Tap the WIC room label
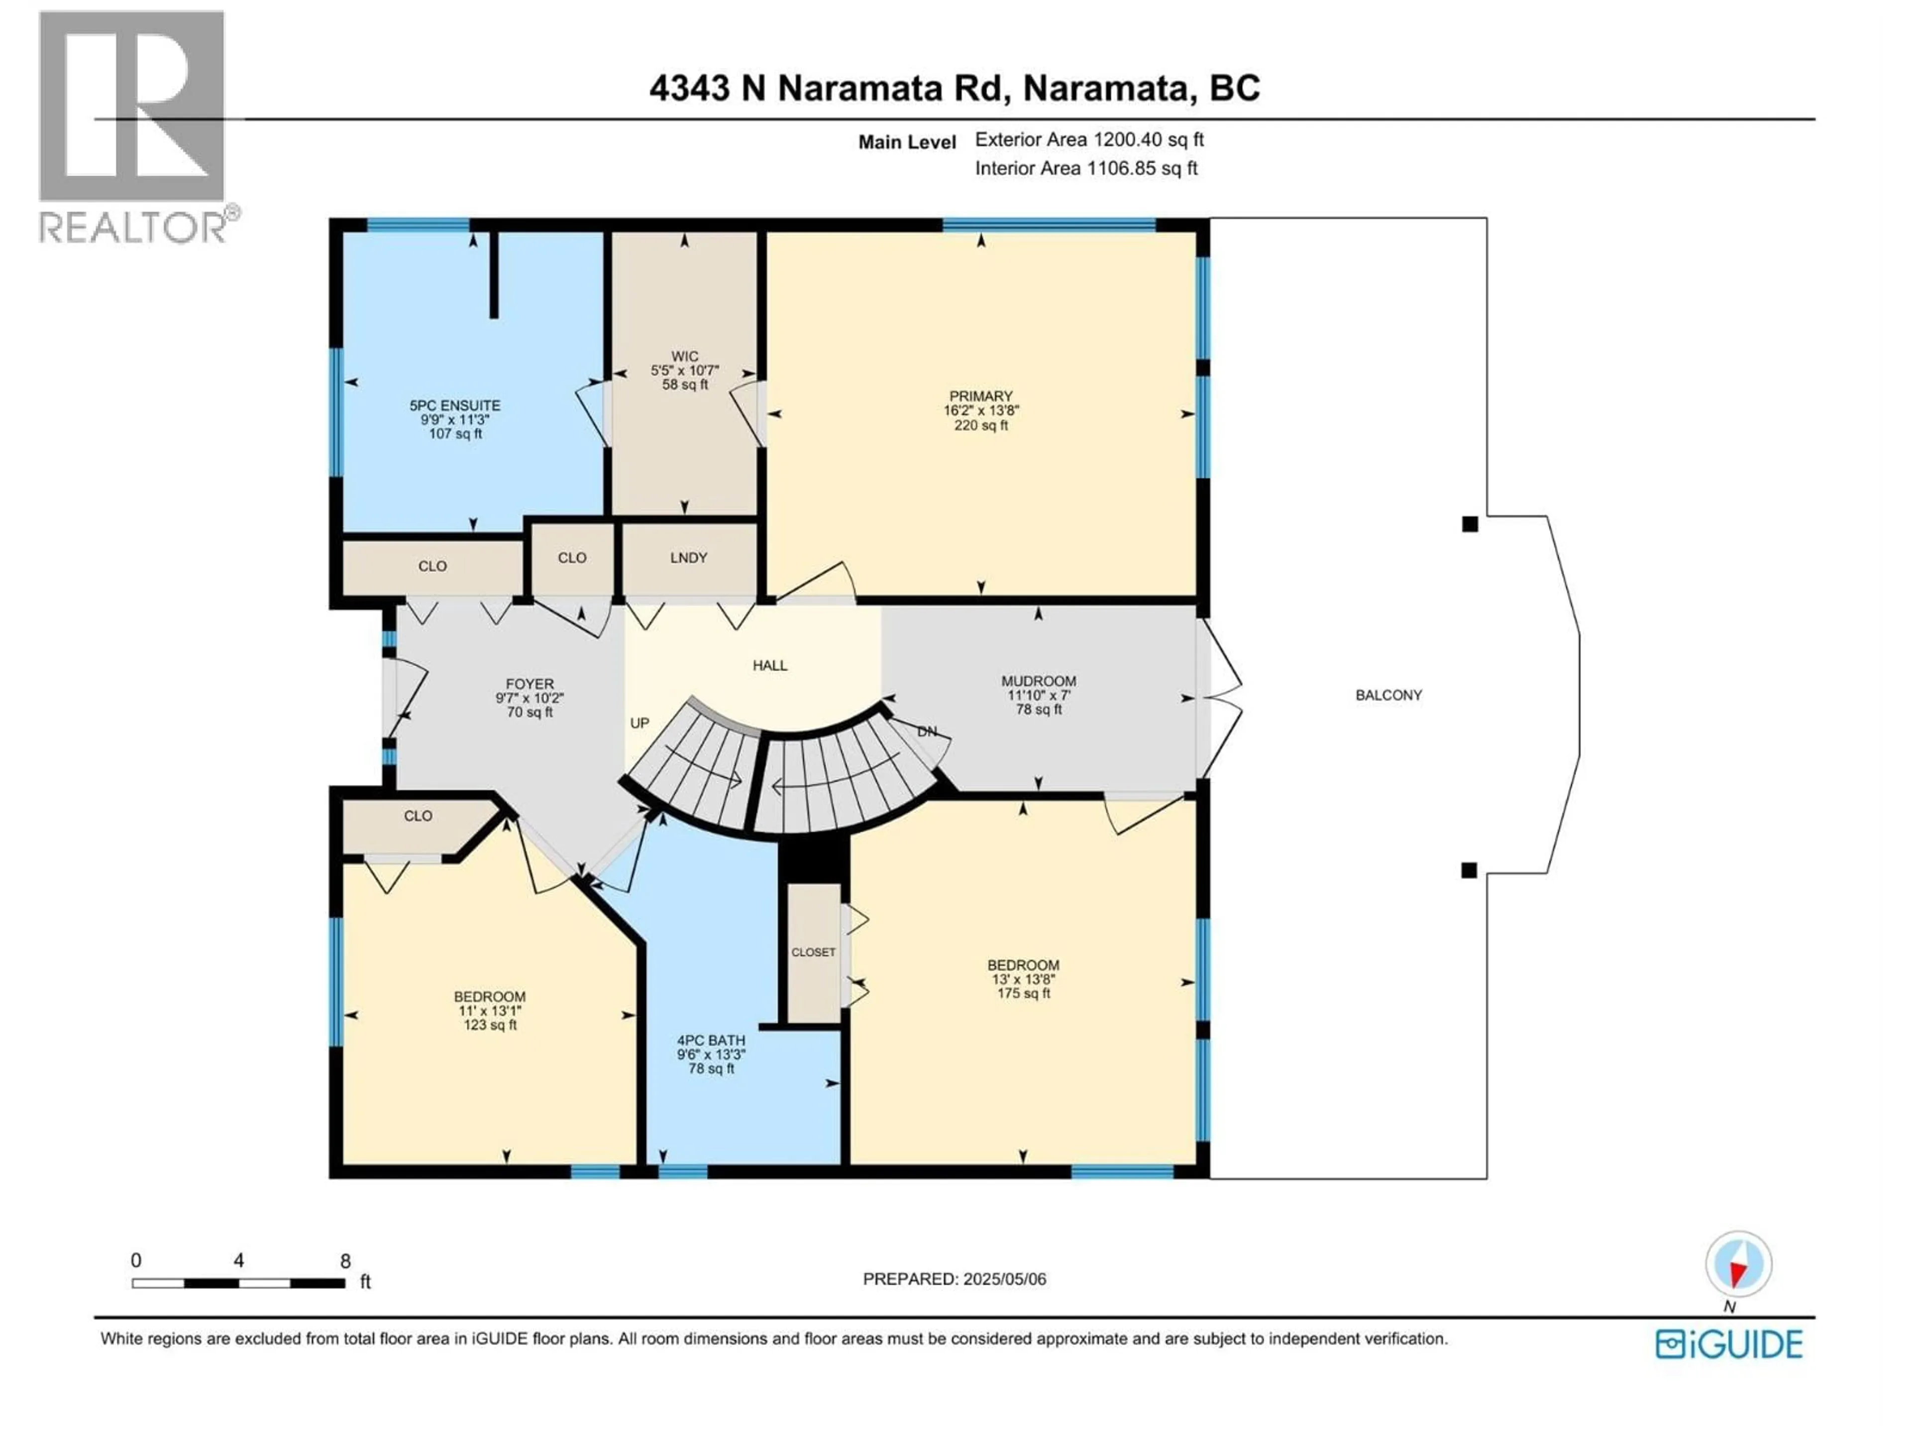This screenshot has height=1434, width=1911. tap(684, 356)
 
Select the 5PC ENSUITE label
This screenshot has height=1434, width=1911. tap(454, 405)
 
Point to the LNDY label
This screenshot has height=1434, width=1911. tap(689, 558)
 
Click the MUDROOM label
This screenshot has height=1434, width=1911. tap(1039, 681)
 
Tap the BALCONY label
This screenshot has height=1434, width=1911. tap(1388, 695)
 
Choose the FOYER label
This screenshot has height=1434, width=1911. tap(530, 684)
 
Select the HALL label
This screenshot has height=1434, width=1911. tap(770, 666)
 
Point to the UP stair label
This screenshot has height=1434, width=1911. tap(639, 723)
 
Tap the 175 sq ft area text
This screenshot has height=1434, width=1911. tap(1023, 994)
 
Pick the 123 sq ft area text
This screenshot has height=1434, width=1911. tap(490, 1025)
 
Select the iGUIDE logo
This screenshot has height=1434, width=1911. tap(1729, 1344)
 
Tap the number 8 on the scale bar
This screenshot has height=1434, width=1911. tap(345, 1261)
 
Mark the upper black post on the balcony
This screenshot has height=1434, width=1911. tap(1470, 524)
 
